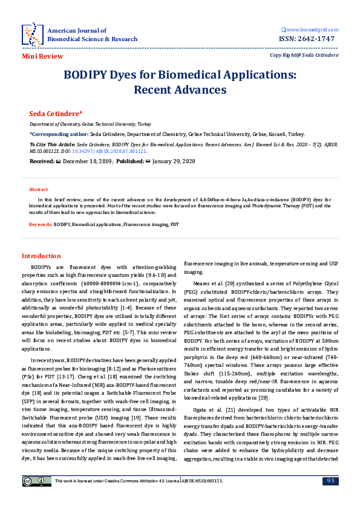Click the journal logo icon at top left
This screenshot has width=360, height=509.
(32, 34)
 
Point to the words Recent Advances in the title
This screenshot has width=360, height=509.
(180, 90)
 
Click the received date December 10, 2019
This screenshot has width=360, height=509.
(86, 161)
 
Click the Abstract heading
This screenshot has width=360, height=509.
(39, 189)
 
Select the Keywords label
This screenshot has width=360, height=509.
(41, 224)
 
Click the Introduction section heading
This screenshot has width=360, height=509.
(41, 256)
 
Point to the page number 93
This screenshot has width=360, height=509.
(330, 481)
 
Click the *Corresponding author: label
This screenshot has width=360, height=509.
(58, 134)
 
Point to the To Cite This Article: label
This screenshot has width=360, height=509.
(52, 145)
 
